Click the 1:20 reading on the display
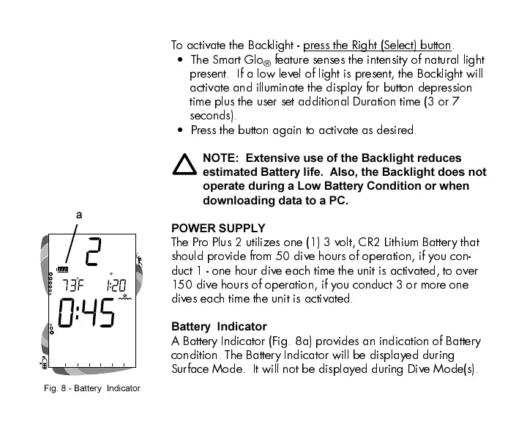tap(115, 284)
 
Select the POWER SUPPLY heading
tap(218, 228)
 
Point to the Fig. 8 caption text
tap(91, 388)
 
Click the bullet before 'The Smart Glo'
tap(180, 59)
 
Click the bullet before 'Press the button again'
tap(180, 130)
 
